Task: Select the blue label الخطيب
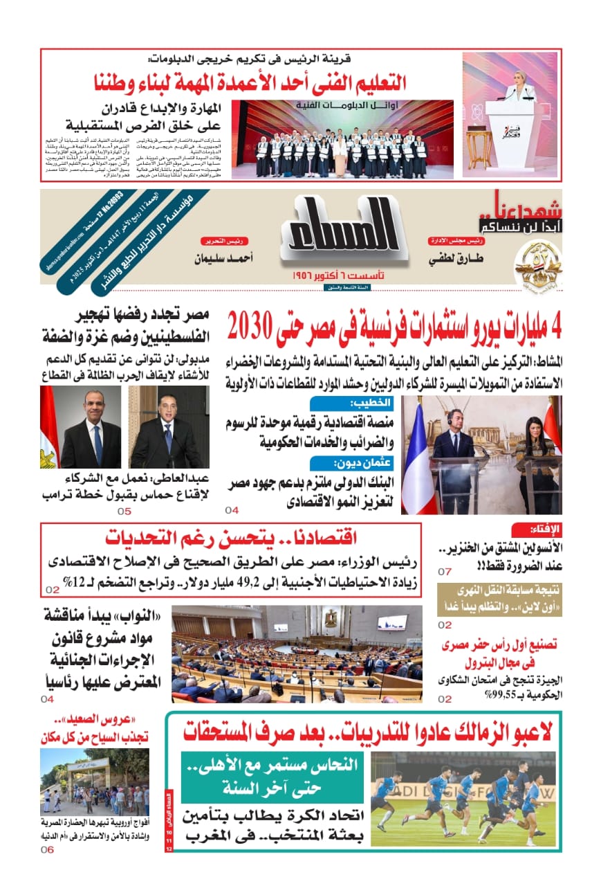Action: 373,403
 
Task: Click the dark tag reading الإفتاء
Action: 546,530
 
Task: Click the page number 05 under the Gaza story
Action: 124,512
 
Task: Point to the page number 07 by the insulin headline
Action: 444,572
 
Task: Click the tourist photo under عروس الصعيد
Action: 94,782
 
